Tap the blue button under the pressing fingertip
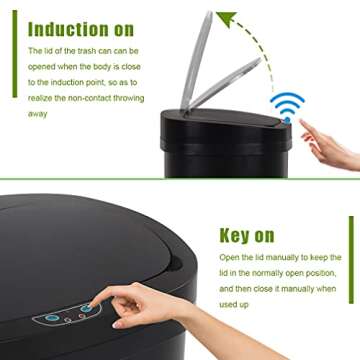[x=88, y=309]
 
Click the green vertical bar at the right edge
[x=353, y=261]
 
